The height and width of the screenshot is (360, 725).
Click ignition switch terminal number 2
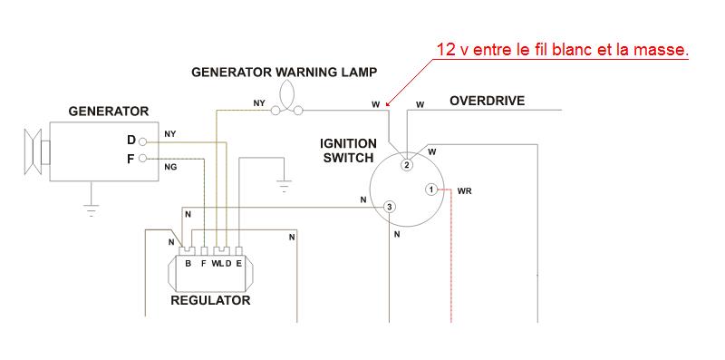pos(406,165)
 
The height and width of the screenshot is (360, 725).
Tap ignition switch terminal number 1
pos(430,190)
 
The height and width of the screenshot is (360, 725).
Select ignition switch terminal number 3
pos(390,207)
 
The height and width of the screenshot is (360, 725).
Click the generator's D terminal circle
pos(142,141)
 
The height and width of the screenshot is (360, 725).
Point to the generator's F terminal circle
pos(142,159)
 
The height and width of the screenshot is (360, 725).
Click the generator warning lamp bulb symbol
pos(286,98)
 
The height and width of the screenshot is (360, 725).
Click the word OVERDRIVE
pos(488,101)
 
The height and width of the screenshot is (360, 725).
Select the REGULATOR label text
pos(210,300)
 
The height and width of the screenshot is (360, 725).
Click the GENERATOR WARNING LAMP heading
pos(285,73)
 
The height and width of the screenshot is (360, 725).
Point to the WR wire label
pos(464,191)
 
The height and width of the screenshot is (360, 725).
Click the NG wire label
pos(170,168)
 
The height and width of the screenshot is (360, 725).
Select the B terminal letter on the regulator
pos(188,264)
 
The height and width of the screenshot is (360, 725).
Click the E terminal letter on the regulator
pos(238,264)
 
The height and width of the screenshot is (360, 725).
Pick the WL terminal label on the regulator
pos(217,264)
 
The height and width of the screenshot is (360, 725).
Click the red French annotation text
pos(562,50)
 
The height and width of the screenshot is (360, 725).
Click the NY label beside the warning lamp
pos(259,103)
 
